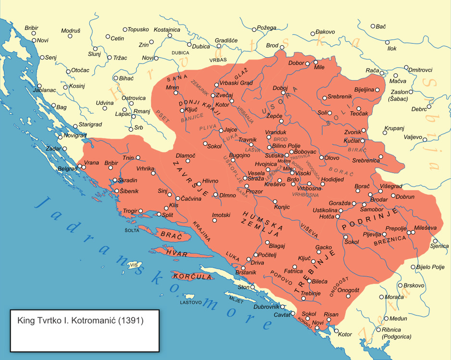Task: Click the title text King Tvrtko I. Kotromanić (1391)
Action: pos(80,319)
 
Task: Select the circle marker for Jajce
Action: pos(221,130)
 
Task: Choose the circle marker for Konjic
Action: pos(275,201)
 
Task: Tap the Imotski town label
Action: pos(221,215)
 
